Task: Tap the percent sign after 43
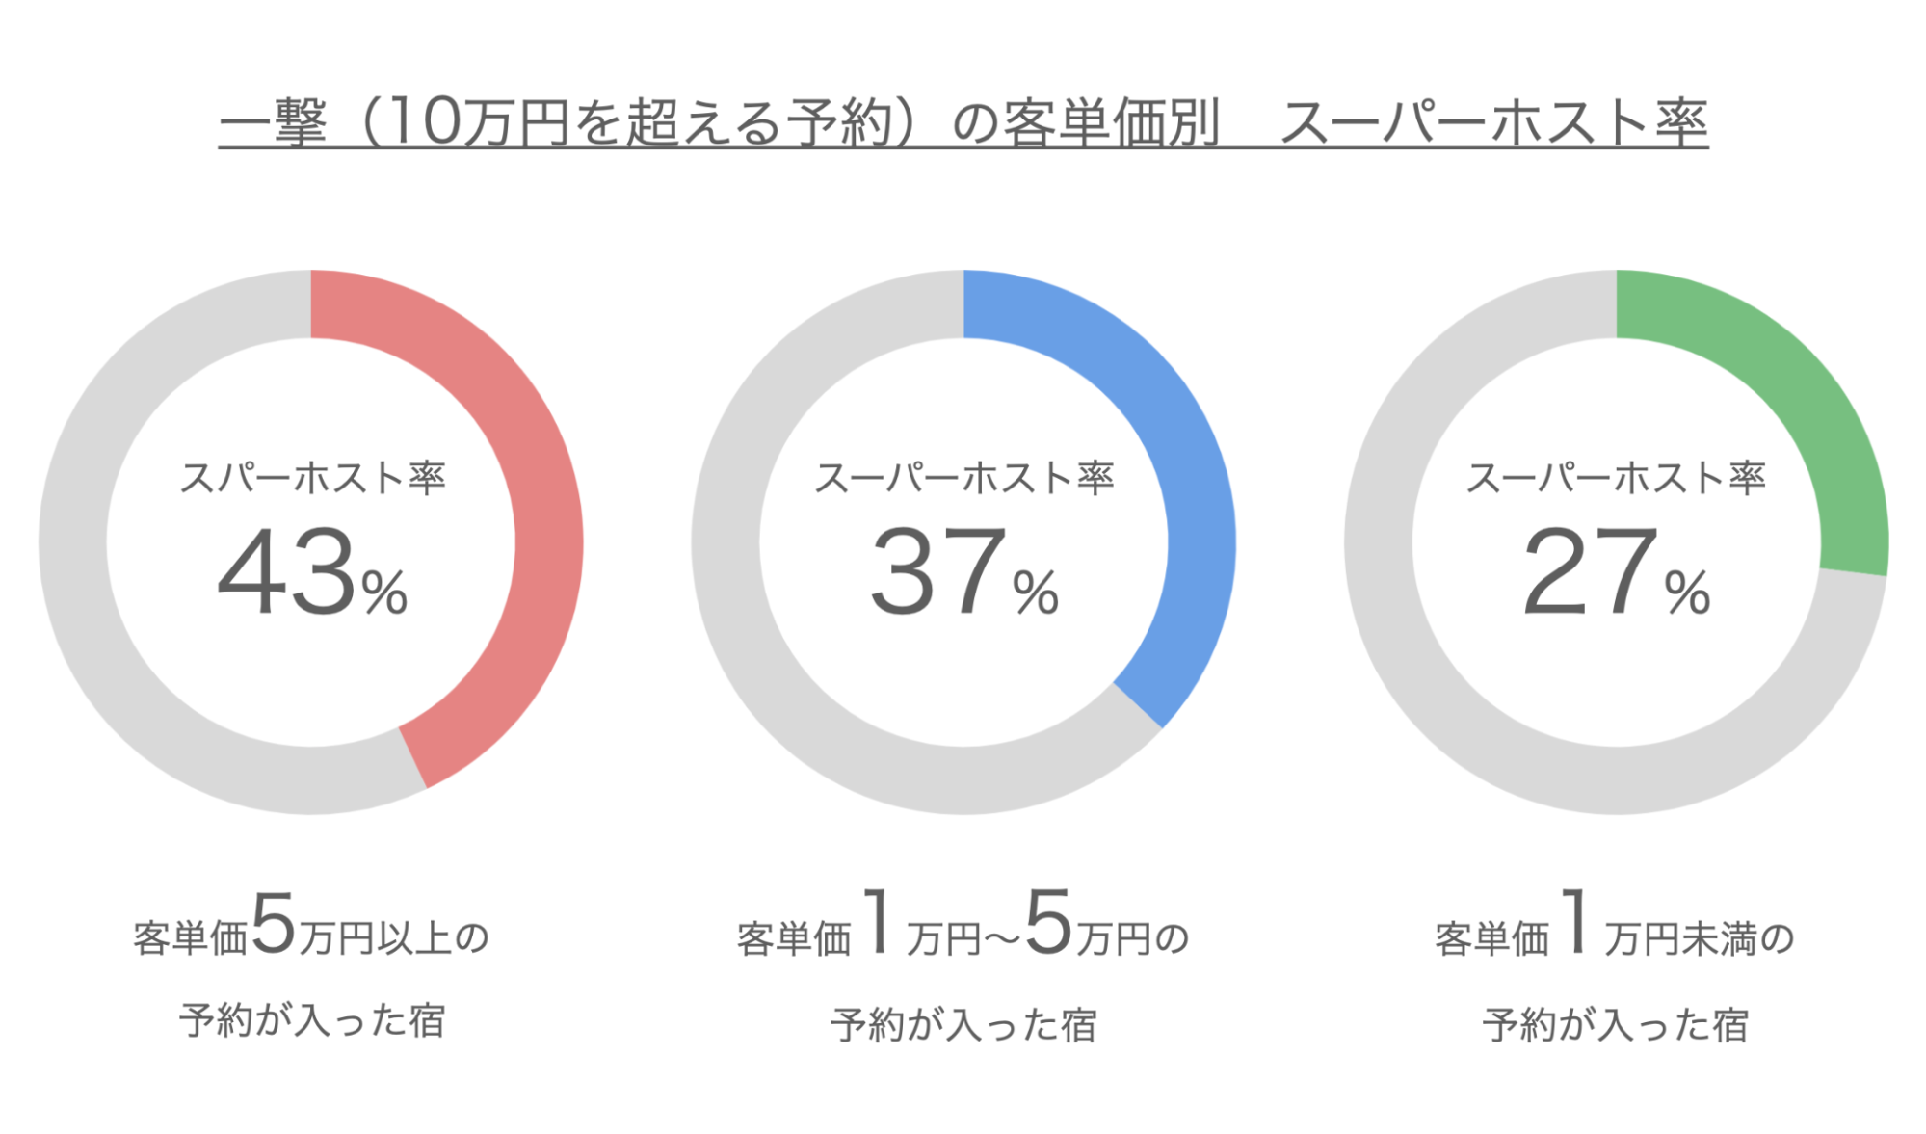(x=384, y=592)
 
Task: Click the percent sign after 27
(x=1687, y=592)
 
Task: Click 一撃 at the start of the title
(x=274, y=123)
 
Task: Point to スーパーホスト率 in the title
(x=1493, y=123)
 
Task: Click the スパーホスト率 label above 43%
(x=312, y=478)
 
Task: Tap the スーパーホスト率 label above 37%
(x=963, y=478)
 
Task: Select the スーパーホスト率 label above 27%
(x=1616, y=478)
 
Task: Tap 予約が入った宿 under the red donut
(x=312, y=1021)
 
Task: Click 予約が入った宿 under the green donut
(x=1616, y=1025)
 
